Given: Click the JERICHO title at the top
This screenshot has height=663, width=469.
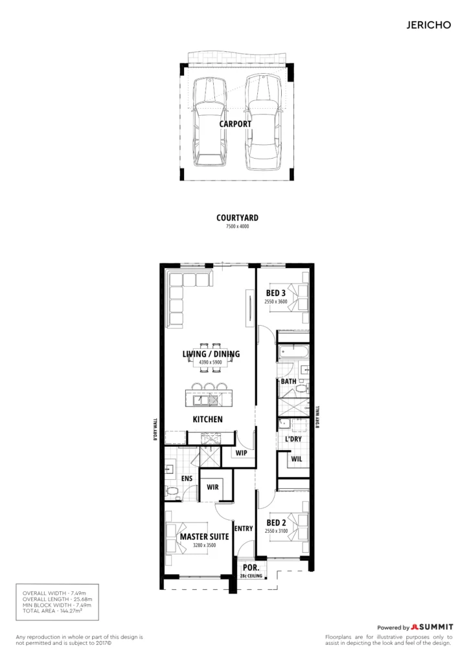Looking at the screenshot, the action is click(428, 25).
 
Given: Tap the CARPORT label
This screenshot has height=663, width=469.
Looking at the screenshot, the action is click(235, 124).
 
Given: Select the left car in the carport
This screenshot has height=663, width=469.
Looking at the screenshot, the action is click(210, 121).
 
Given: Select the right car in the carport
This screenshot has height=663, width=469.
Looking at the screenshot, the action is click(263, 122).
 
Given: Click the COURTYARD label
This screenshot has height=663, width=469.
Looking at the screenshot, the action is click(237, 218).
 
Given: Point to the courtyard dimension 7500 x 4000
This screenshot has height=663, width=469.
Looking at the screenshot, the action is click(237, 227).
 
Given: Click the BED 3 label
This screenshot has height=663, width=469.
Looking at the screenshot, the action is click(276, 293).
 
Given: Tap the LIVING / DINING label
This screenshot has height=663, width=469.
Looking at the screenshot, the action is click(211, 354).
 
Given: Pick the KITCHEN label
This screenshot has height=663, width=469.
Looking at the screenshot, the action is click(208, 419).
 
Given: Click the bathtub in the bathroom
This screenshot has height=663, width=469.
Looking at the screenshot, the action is click(293, 352).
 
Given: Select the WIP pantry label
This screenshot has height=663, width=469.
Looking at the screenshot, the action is click(242, 453).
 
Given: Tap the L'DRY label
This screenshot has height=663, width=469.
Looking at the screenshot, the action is click(293, 439).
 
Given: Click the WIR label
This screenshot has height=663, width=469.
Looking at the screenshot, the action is click(212, 487).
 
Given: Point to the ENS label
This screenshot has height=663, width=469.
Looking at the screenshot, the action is click(187, 478).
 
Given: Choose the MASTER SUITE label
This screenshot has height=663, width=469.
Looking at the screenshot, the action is click(204, 537).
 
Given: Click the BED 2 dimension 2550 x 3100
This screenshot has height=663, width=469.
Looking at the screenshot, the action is click(276, 531).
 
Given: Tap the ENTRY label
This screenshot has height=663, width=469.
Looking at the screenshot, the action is click(244, 528).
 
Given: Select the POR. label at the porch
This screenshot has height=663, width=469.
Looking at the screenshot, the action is click(251, 568).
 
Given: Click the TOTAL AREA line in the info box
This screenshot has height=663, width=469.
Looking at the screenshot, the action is click(52, 611).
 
